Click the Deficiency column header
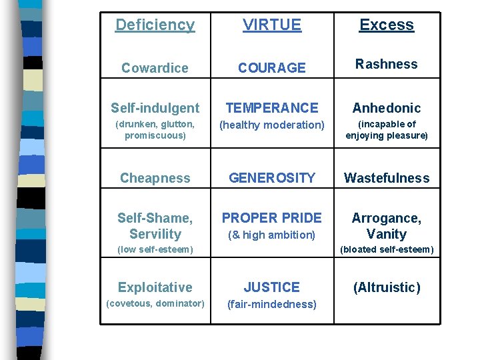point(155,25)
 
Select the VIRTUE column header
point(272,25)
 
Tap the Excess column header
point(387,25)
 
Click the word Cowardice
point(155,68)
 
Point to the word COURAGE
point(272,68)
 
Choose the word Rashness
point(387,65)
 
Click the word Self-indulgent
point(155,108)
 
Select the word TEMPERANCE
point(272,108)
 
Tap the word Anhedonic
point(387,108)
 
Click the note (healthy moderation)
point(272,125)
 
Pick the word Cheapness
point(155,179)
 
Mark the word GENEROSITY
point(272,178)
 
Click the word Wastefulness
point(387,178)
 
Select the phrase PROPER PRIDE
point(272,218)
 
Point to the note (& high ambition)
point(272,235)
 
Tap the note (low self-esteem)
point(155,250)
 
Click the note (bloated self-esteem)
point(387,250)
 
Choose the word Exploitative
point(155,288)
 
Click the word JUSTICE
point(272,287)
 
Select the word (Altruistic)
point(387,287)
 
